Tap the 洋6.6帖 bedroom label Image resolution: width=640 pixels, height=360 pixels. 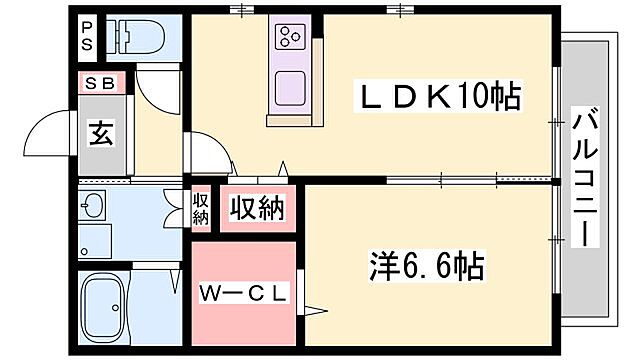pyautogui.click(x=421, y=267)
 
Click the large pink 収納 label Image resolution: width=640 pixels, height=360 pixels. pyautogui.click(x=257, y=209)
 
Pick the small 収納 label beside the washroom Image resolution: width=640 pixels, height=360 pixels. pyautogui.click(x=200, y=210)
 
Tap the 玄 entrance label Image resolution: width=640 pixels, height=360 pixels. pyautogui.click(x=102, y=133)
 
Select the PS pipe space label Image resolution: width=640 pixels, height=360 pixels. pyautogui.click(x=88, y=37)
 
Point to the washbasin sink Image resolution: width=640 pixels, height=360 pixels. pyautogui.click(x=95, y=207)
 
